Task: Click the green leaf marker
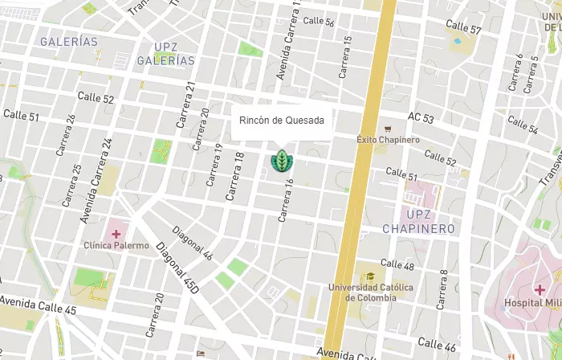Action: pos(282,160)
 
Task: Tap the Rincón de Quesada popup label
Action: pos(282,121)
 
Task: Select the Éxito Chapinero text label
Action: pos(388,140)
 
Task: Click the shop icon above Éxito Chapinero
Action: pos(388,128)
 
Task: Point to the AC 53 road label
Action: pos(421,118)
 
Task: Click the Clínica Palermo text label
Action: pos(116,245)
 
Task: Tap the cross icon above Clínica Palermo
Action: pos(116,233)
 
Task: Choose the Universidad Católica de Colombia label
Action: pos(370,292)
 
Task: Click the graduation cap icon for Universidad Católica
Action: pos(370,276)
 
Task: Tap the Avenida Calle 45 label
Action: pos(38,305)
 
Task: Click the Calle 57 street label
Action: pos(465,29)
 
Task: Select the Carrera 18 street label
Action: pos(234,176)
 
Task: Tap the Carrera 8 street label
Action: pos(442,289)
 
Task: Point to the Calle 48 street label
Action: pos(397,264)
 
